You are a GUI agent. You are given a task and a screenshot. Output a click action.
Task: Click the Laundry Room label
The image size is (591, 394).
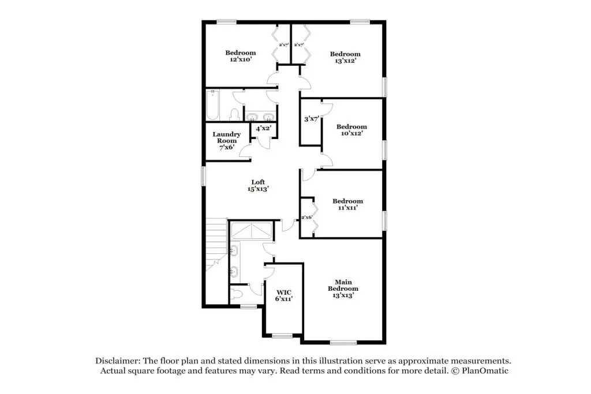(x=226, y=141)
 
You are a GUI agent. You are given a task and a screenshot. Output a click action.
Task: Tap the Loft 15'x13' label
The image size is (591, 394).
(x=258, y=186)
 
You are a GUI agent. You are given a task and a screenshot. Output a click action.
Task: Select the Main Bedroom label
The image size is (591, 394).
(x=343, y=288)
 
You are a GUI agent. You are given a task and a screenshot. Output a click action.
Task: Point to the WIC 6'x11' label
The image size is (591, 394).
(x=284, y=296)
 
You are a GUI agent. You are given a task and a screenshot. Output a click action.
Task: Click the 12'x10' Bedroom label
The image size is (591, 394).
(x=241, y=56)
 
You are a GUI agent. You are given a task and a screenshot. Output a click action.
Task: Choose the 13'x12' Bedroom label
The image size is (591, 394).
(x=345, y=57)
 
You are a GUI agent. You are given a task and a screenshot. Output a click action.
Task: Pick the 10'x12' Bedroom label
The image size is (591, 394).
(x=351, y=130)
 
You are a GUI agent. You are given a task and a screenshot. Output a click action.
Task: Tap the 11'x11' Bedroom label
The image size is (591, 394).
(x=347, y=204)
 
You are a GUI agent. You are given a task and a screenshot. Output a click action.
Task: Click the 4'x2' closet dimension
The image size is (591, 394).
(x=263, y=129)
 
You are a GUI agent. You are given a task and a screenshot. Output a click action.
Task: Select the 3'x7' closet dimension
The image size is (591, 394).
(x=312, y=119)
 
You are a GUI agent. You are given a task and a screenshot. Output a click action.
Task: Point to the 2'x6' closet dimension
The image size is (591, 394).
(x=307, y=217)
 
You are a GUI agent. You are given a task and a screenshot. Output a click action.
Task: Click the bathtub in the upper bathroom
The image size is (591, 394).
(x=212, y=105)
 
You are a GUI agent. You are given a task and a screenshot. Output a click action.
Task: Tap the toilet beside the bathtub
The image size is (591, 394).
(x=235, y=115)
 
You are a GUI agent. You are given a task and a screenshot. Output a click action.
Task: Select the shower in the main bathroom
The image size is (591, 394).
(x=252, y=231)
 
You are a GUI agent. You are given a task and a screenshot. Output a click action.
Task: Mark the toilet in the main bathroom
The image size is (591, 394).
(x=237, y=294)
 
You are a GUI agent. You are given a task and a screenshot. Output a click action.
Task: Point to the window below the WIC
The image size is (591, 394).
(x=282, y=336)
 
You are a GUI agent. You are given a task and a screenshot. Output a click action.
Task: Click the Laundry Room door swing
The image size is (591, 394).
(x=246, y=151)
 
